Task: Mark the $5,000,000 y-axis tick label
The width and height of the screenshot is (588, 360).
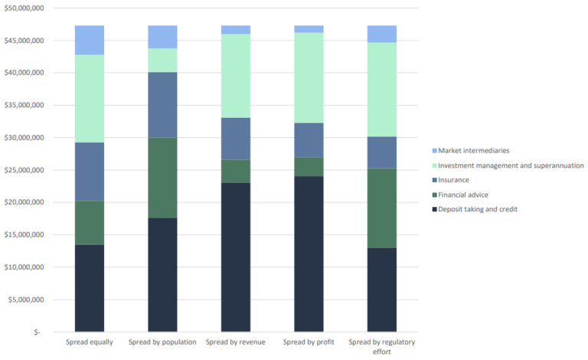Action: [25, 299]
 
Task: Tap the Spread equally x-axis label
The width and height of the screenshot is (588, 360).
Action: [89, 342]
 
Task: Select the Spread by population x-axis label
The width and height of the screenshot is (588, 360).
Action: [162, 342]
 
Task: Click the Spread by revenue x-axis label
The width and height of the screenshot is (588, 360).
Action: [235, 342]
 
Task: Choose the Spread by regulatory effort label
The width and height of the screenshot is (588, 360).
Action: [381, 346]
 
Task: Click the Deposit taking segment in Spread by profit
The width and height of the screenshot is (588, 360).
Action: [309, 254]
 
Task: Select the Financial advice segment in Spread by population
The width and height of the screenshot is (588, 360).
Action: [162, 178]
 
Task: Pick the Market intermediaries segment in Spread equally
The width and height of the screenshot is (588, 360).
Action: [89, 40]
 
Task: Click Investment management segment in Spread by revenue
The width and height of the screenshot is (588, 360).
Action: [235, 76]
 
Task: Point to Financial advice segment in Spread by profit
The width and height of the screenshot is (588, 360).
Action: [309, 167]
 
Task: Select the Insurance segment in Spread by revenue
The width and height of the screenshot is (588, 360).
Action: [235, 139]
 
